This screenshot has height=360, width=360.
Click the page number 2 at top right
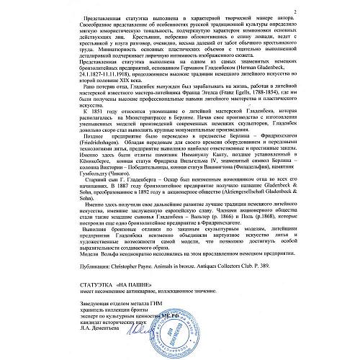(336, 12)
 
